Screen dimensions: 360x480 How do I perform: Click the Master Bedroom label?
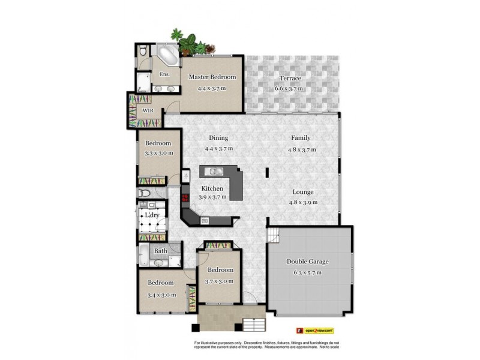(212, 77)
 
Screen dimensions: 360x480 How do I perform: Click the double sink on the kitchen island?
(215, 172)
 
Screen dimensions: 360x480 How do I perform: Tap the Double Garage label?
(307, 262)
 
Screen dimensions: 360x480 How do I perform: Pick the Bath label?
(161, 251)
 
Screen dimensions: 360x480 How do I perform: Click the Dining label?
(218, 137)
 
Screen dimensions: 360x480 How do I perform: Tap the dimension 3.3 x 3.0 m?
(159, 153)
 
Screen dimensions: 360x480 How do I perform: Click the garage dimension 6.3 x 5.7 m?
(307, 272)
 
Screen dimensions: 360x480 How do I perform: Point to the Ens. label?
(164, 74)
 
